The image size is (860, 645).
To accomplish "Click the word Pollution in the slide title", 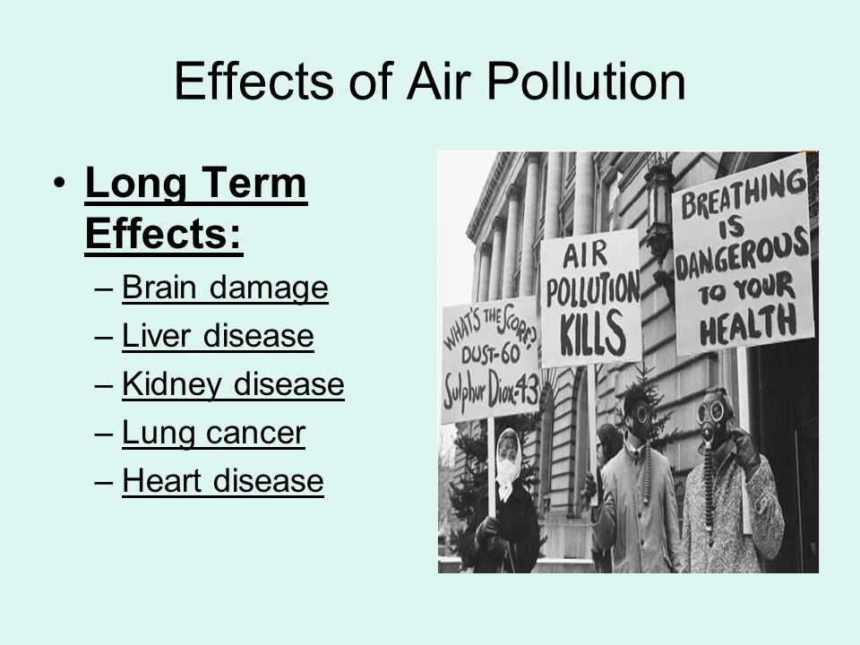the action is pyautogui.click(x=586, y=81).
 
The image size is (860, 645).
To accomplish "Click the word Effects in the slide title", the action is pyautogui.click(x=254, y=81).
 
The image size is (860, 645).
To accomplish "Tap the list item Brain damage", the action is pyautogui.click(x=225, y=288).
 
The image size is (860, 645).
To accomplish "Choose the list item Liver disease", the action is pyautogui.click(x=218, y=336).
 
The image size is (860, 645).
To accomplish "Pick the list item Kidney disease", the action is pyautogui.click(x=233, y=384).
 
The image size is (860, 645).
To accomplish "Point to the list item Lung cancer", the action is pyautogui.click(x=213, y=433).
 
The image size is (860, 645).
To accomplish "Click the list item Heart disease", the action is pyautogui.click(x=223, y=481).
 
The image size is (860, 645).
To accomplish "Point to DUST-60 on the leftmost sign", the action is pyautogui.click(x=490, y=354).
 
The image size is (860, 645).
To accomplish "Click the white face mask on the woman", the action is pyautogui.click(x=507, y=470).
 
